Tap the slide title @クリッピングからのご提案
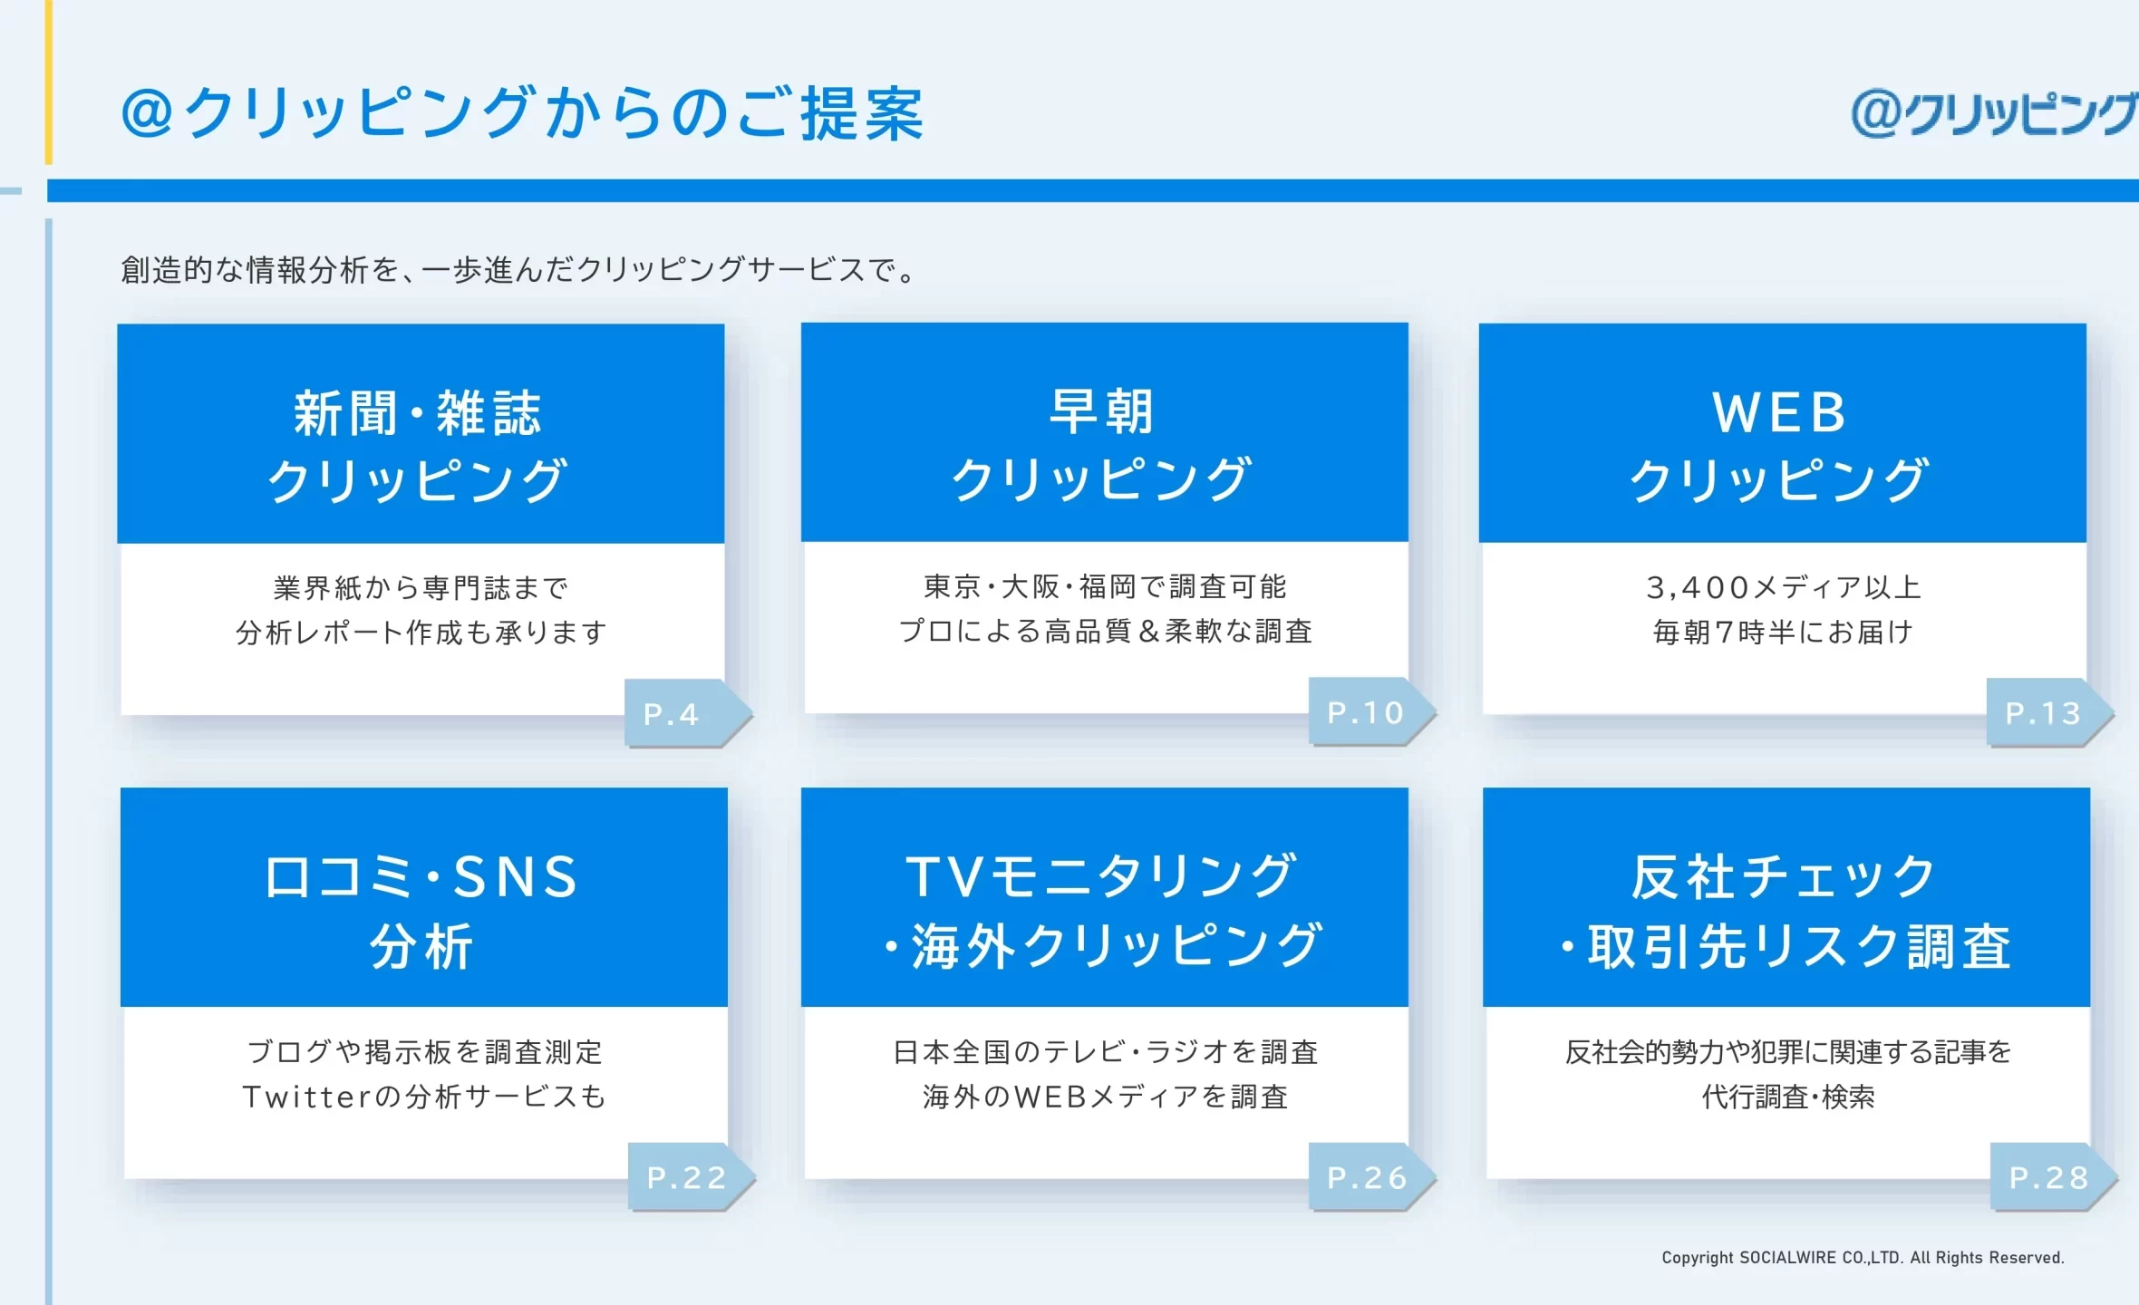522,114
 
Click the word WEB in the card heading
1779,412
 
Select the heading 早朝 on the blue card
1101,411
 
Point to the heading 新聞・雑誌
418,413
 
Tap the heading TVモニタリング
1101,876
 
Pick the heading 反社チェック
1783,877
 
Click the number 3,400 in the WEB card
1698,588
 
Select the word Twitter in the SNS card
307,1097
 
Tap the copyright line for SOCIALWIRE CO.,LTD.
1863,1257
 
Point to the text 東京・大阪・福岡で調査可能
1105,587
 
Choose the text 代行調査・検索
1788,1097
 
